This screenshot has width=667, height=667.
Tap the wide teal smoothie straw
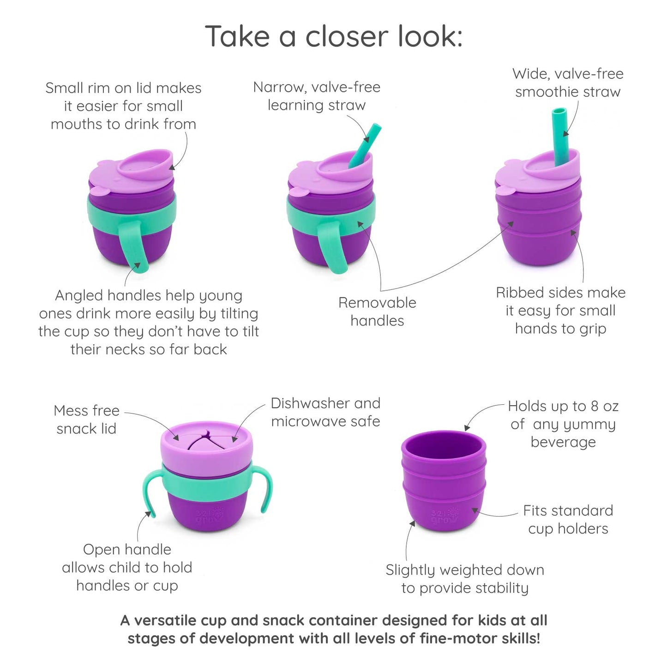[560, 137]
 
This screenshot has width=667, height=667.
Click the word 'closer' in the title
[347, 36]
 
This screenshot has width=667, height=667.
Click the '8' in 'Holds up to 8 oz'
[595, 406]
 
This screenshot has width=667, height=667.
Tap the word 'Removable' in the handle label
[377, 303]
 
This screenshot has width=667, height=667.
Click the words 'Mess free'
[86, 411]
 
